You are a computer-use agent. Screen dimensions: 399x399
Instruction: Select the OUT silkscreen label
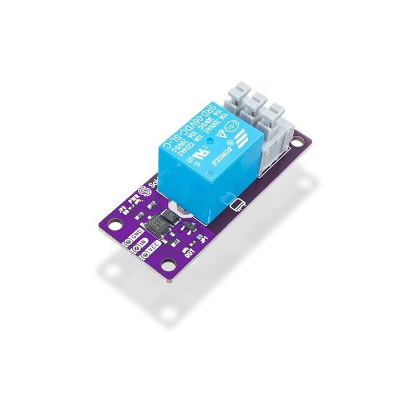(188, 252)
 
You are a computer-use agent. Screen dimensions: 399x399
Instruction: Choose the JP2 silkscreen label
(121, 210)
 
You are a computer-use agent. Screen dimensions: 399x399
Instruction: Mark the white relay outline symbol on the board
(238, 205)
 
